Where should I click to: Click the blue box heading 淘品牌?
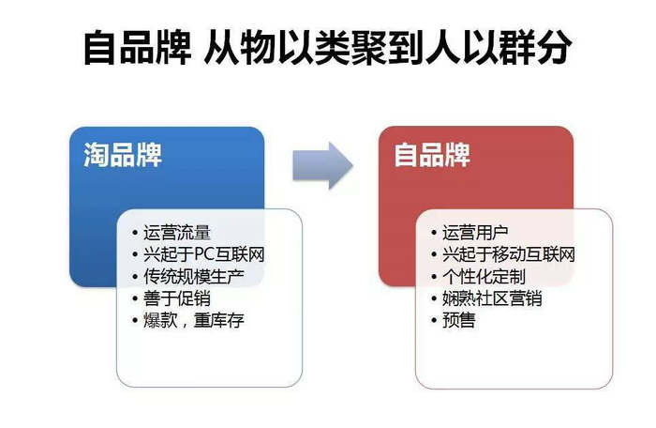click(x=123, y=155)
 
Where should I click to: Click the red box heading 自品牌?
click(x=432, y=155)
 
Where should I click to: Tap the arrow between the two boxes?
click(x=322, y=165)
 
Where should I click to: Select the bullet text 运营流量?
click(x=177, y=232)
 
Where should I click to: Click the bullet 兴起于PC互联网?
click(x=204, y=254)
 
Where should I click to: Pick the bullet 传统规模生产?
click(x=194, y=276)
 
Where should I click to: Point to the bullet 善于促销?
click(x=177, y=298)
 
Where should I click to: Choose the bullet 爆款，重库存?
click(x=194, y=320)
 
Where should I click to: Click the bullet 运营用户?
click(x=475, y=232)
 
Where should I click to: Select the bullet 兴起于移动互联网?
click(x=509, y=254)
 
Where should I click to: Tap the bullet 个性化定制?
click(x=484, y=276)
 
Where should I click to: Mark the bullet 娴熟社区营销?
click(x=492, y=298)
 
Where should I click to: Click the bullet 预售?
click(x=459, y=320)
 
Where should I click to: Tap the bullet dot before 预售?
click(x=434, y=321)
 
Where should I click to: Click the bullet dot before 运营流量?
click(x=135, y=233)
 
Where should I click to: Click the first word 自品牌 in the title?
click(x=137, y=47)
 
